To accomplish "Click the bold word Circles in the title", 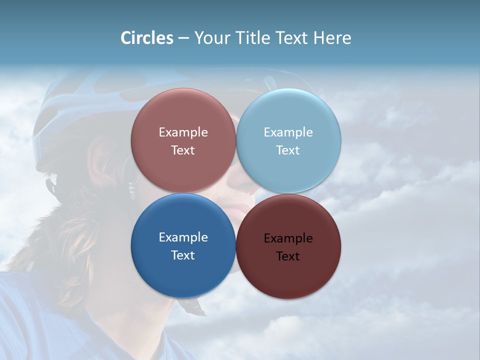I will (146, 38).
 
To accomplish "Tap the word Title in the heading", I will (254, 38).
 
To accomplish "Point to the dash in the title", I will (183, 38).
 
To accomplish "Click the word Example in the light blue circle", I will (288, 132).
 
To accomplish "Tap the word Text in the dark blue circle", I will (183, 255).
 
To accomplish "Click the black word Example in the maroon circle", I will (288, 238).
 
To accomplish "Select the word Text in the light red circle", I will (183, 150).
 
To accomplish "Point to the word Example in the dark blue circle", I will (183, 237).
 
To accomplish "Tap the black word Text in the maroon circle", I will (288, 256).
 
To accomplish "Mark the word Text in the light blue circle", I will (288, 150).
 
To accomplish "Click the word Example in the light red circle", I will (183, 132).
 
